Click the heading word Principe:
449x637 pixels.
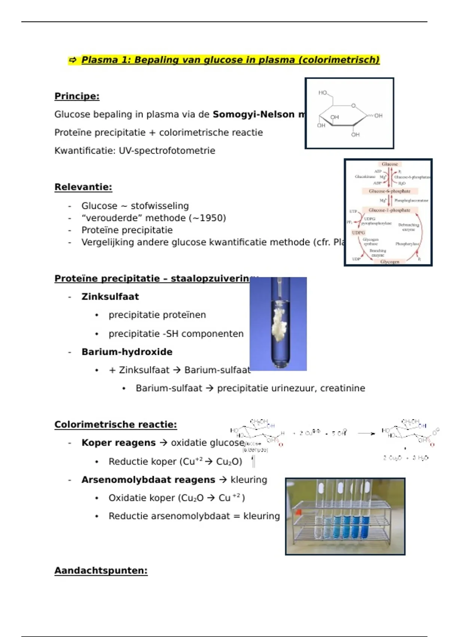point(77,96)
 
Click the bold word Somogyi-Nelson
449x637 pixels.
point(253,114)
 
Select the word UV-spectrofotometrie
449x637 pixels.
point(167,151)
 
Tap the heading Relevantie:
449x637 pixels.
point(83,187)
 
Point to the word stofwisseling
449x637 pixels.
point(160,206)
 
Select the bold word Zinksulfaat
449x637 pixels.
point(110,296)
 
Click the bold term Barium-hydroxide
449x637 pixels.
point(127,352)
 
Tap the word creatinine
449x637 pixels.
point(342,388)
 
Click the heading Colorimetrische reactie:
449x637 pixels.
point(116,425)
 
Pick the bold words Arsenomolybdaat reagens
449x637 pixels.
point(148,480)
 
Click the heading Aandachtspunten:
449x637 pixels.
point(101,571)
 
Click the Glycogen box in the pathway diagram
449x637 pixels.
point(390,262)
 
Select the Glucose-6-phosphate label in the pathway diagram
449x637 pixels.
point(390,191)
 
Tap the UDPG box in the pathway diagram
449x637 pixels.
point(358,233)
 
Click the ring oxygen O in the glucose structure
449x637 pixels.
point(353,106)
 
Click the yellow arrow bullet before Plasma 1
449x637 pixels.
point(73,60)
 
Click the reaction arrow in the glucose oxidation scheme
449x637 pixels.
point(366,434)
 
